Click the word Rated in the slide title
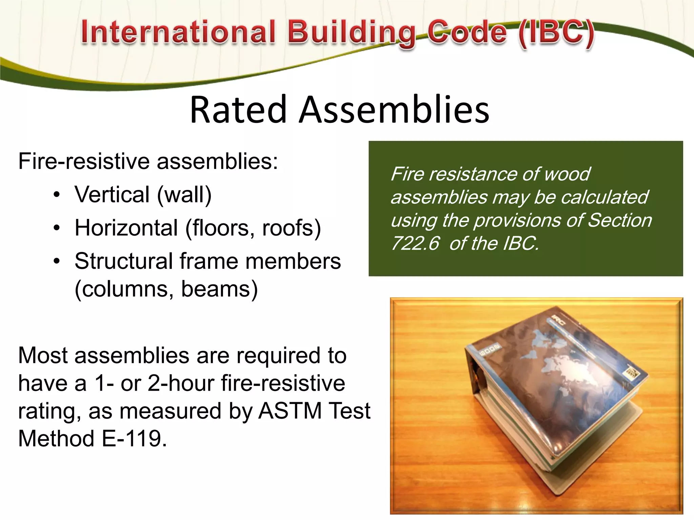238,110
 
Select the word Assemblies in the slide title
394,110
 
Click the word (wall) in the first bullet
184,195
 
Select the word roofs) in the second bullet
291,228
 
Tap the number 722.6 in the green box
415,243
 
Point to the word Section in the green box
620,220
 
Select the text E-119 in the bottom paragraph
134,438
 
